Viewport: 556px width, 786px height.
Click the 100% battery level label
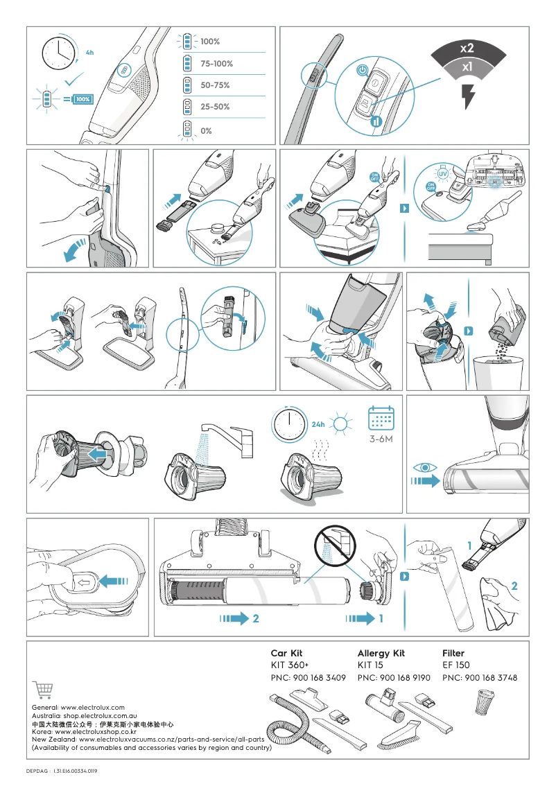tap(210, 42)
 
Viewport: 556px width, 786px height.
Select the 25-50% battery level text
tap(215, 107)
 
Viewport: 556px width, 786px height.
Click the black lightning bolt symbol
tap(469, 96)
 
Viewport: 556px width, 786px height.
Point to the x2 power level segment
tap(467, 49)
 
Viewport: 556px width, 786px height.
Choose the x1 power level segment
tap(467, 68)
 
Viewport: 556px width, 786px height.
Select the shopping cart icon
tap(42, 690)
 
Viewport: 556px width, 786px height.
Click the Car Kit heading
tap(286, 653)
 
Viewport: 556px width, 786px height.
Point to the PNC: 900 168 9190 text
tap(394, 678)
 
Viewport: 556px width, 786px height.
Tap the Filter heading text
tap(453, 653)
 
